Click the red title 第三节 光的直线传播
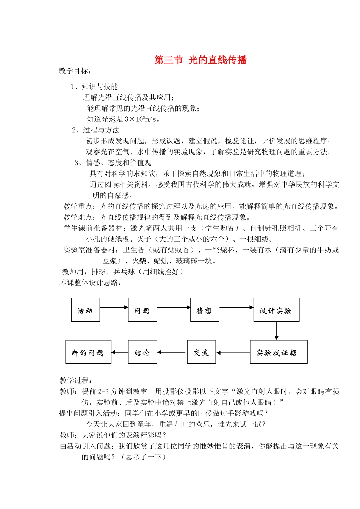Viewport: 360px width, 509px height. tap(200, 60)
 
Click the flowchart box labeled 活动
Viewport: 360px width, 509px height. tap(85, 310)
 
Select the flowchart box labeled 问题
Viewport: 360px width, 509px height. tap(142, 310)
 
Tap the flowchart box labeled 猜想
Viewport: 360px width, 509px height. tap(204, 310)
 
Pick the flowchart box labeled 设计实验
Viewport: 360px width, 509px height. tap(276, 310)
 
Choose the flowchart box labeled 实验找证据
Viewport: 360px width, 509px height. tap(278, 352)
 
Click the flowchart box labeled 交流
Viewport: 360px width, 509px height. tap(201, 352)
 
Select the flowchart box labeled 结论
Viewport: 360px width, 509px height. tap(142, 352)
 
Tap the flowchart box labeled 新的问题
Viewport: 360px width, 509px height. tap(88, 352)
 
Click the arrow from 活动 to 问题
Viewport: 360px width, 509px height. tap(114, 307)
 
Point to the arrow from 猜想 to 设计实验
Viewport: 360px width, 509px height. tap(236, 307)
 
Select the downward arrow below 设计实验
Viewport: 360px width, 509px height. tap(276, 331)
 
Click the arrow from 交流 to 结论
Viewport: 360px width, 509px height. tap(172, 352)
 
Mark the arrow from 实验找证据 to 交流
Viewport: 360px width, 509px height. tap(233, 353)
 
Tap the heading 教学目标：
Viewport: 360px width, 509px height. tap(75, 71)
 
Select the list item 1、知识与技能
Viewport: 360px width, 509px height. tap(94, 86)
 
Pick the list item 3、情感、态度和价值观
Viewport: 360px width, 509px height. tap(113, 163)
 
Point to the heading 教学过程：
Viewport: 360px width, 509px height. tap(76, 380)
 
